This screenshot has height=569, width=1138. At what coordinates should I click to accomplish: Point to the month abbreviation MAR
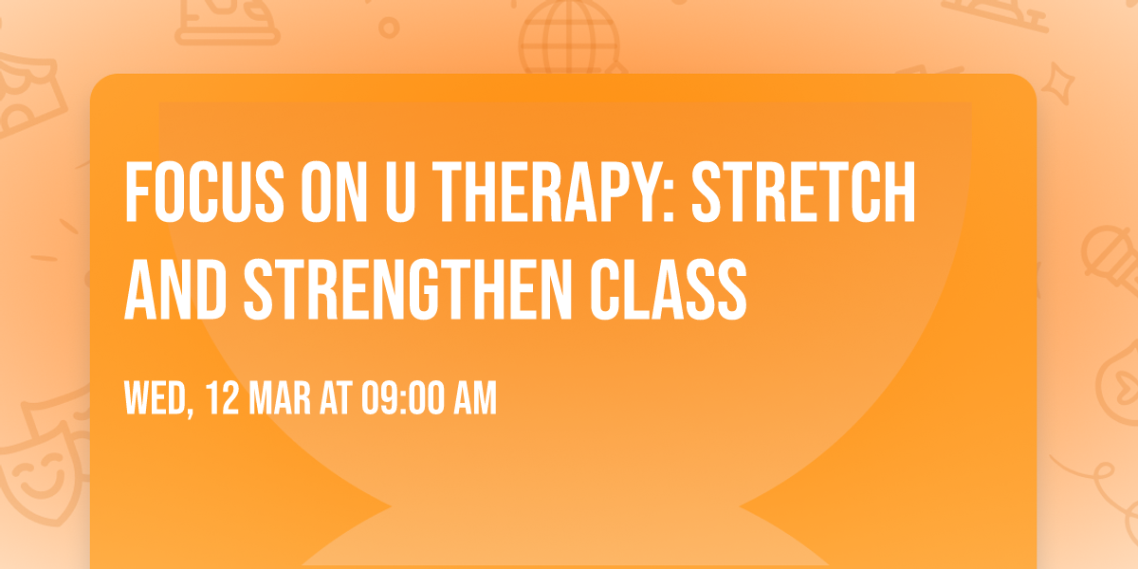click(282, 399)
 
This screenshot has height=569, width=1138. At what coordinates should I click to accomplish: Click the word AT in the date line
click(337, 399)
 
